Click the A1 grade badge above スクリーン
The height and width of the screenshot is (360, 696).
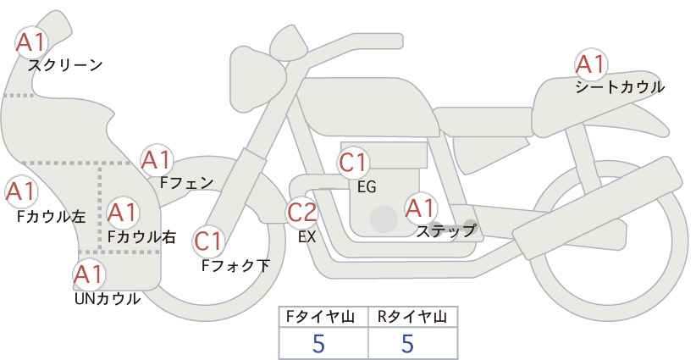pos(32,42)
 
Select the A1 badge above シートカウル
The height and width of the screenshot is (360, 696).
pos(590,64)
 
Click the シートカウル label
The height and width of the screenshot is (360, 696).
pos(620,86)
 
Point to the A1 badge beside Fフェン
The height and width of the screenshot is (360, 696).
pos(156,159)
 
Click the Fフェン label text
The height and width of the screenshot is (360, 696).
pos(186,181)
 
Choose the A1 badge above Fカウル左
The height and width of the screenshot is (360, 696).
pos(19,192)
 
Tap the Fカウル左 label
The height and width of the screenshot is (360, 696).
pos(51,216)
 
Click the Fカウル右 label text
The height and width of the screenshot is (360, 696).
pos(141,237)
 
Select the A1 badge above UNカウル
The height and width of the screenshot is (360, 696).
pos(88,274)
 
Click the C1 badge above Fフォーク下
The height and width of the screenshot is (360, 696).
pos(208,242)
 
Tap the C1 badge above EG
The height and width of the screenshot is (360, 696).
pos(353,163)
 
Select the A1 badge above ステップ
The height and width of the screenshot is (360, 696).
pos(420,207)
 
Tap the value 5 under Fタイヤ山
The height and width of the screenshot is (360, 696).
pos(319,343)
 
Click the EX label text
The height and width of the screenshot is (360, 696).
pos(307,237)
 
